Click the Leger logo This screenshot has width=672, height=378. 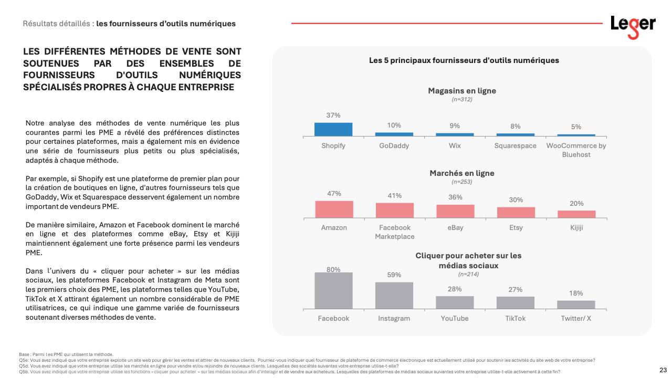(x=633, y=26)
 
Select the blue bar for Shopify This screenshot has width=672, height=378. (x=333, y=129)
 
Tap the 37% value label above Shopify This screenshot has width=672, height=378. (x=333, y=115)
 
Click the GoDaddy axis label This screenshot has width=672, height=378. (x=394, y=145)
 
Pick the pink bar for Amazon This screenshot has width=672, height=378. (x=334, y=209)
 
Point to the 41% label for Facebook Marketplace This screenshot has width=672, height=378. (x=394, y=195)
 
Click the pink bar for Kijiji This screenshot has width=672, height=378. (x=576, y=214)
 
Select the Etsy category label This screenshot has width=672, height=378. (x=516, y=227)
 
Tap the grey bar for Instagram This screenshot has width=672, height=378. (x=394, y=296)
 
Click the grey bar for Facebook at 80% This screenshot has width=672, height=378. (x=333, y=290)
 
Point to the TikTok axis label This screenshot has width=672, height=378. (x=515, y=318)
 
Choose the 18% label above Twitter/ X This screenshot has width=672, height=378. (x=576, y=293)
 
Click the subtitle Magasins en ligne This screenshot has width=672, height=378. (x=461, y=90)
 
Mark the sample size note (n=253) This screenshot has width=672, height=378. (x=461, y=182)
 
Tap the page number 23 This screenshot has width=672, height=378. (x=663, y=370)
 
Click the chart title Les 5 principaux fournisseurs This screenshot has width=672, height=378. (x=464, y=60)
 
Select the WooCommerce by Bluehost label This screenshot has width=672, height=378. (x=576, y=150)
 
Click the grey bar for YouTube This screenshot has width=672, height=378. (x=455, y=302)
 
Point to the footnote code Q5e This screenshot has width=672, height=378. (x=23, y=360)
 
